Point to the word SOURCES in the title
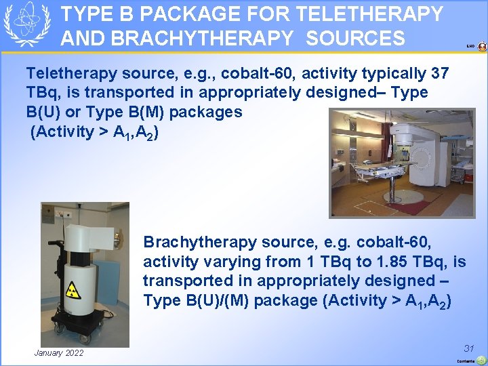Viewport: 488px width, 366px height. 356,39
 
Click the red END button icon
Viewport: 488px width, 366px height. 482,47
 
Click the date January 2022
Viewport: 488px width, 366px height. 59,352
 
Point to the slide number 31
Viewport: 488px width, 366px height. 468,348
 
